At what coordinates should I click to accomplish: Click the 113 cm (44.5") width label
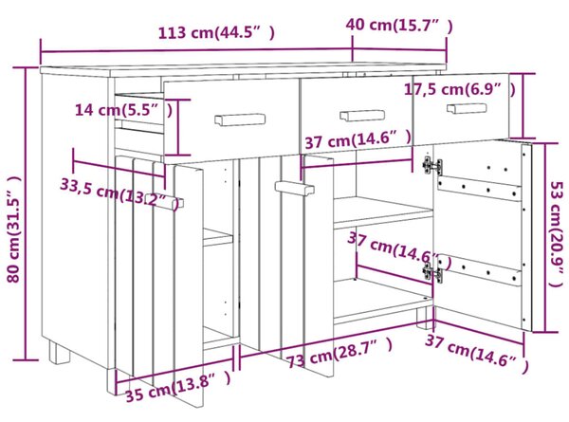click(x=216, y=32)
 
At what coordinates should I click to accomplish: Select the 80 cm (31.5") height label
click(x=14, y=229)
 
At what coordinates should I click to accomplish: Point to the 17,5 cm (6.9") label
click(x=459, y=89)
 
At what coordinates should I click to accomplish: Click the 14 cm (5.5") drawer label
click(x=123, y=109)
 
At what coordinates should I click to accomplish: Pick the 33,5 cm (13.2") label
click(x=119, y=193)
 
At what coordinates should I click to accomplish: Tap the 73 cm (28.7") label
click(x=340, y=353)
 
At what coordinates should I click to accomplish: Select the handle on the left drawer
click(x=240, y=120)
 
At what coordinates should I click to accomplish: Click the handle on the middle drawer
click(x=362, y=116)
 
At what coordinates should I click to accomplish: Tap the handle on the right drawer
click(x=467, y=108)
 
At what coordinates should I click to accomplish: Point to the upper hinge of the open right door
click(x=432, y=165)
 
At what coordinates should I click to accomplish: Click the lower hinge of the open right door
click(x=432, y=271)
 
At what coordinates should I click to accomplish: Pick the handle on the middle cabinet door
click(x=294, y=189)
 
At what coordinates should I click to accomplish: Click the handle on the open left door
click(x=165, y=201)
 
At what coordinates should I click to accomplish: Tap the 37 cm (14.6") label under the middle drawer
click(x=358, y=140)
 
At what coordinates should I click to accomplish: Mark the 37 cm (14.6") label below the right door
click(x=476, y=353)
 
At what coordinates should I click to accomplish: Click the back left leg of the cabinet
click(x=59, y=353)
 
